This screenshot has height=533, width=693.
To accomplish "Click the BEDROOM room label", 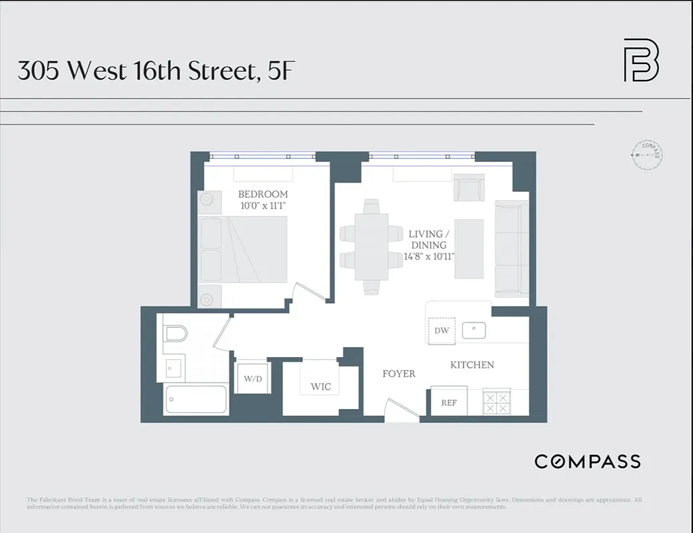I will pos(263,194).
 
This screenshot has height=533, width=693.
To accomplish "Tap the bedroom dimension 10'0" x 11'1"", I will pos(263,206).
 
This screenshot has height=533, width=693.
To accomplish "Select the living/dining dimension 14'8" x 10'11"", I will pos(430,257).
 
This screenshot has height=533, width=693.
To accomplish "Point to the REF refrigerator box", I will pos(449,402).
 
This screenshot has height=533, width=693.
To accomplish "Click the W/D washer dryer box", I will pos(253,379).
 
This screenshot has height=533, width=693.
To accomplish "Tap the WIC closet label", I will pos(320,387).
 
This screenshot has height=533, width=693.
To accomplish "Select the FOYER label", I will pos(399,374).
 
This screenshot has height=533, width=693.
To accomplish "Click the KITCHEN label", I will pos(472,365).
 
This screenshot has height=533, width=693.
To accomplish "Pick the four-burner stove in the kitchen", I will pos(497,402).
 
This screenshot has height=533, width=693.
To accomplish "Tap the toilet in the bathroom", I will pos(175,334).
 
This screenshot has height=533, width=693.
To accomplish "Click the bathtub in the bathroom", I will pos(196,400).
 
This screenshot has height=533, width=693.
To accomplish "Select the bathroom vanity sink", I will pos(173,366).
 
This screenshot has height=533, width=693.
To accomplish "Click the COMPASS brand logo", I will pos(587,461).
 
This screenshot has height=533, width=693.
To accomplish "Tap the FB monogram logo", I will pos(640,61).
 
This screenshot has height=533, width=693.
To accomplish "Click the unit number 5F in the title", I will pos(279,71).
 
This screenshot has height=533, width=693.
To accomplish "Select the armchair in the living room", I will pos(469,188).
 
